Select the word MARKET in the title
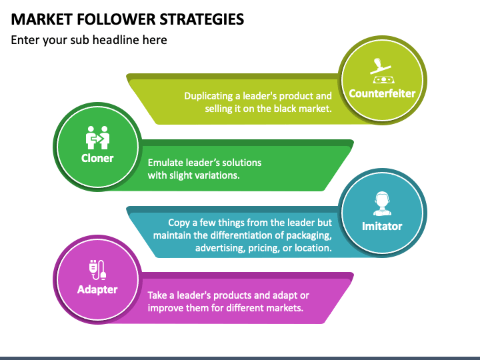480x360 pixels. click(37, 19)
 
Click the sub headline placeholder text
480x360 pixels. click(89, 40)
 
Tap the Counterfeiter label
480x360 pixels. click(382, 93)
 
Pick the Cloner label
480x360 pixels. click(97, 159)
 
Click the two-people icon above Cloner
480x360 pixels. click(97, 137)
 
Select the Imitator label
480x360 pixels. click(382, 226)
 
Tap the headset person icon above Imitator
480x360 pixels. click(382, 203)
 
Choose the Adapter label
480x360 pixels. click(97, 289)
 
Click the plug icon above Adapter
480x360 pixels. click(97, 269)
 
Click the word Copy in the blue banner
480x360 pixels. click(179, 223)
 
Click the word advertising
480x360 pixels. click(221, 248)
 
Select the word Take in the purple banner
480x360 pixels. click(159, 295)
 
